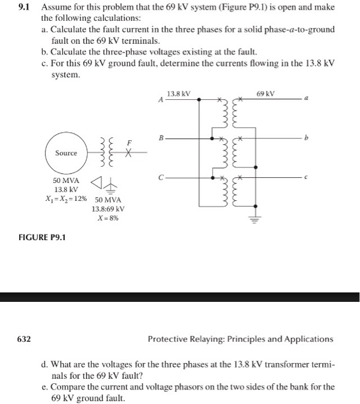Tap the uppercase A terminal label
[x=160, y=100]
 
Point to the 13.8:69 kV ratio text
[x=109, y=209]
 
